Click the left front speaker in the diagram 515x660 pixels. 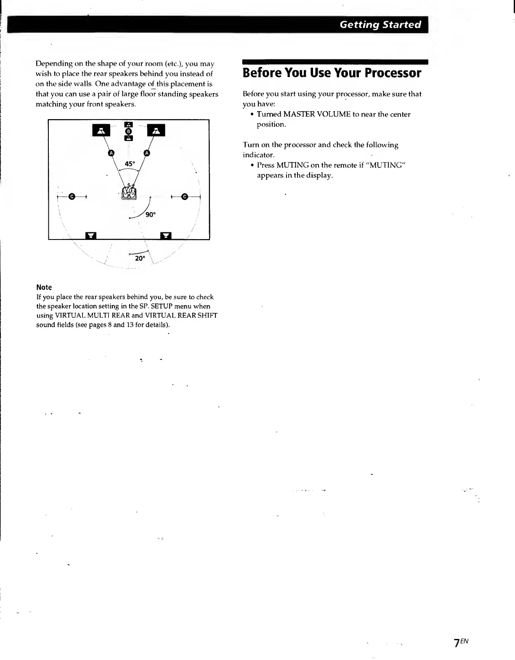pos(101,130)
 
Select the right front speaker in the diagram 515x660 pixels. pos(156,130)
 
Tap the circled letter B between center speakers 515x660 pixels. pos(129,131)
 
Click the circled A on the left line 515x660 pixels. pos(111,153)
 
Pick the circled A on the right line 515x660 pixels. pos(146,153)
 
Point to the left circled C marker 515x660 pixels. pos(72,197)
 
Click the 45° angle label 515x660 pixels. pos(130,164)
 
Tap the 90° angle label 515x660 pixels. pos(150,215)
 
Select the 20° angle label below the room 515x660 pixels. pos(140,258)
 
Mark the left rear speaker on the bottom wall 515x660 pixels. pos(91,235)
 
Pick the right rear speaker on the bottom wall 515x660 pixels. pos(166,235)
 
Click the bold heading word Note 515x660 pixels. pos(44,287)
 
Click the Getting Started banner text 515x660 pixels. pos(380,24)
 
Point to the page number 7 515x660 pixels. pos(456,644)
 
